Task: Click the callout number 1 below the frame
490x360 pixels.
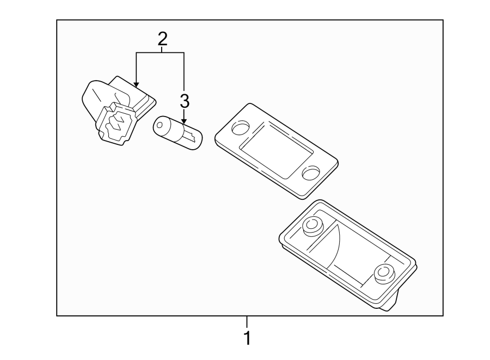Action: click(x=247, y=338)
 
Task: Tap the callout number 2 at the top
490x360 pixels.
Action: click(x=162, y=39)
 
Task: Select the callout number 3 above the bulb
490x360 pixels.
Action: click(x=185, y=101)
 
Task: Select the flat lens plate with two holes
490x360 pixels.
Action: click(x=276, y=150)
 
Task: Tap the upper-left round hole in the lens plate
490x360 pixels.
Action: click(x=240, y=128)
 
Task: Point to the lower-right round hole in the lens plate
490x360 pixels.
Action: click(x=311, y=173)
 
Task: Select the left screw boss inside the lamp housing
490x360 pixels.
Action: click(x=313, y=225)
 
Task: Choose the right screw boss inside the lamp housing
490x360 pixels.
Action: click(x=385, y=272)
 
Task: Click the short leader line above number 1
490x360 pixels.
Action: click(x=247, y=322)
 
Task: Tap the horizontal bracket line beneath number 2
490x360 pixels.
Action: click(x=161, y=52)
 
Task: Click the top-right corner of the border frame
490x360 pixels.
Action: click(x=443, y=20)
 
